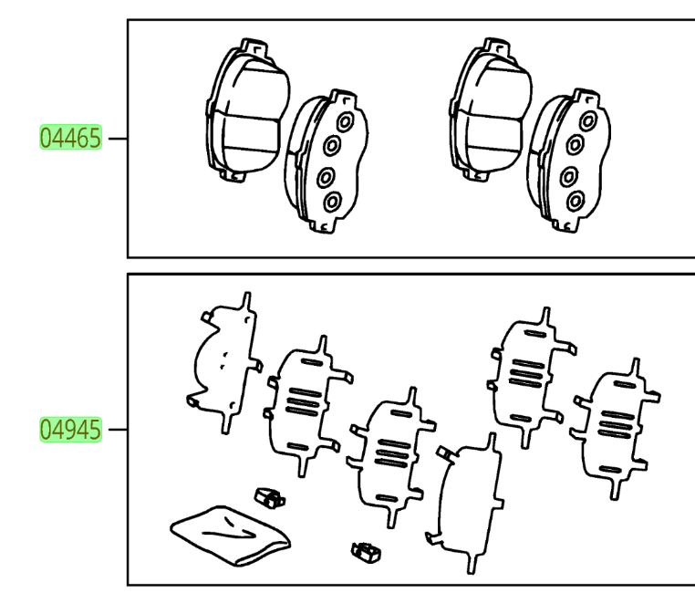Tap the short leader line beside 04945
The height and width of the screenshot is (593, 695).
[x=116, y=427]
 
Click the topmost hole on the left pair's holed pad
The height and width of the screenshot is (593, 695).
[x=343, y=121]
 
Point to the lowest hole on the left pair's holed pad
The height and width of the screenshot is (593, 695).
[x=332, y=200]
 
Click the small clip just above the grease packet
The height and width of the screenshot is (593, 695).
[x=266, y=497]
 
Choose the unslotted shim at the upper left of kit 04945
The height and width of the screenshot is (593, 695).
[x=223, y=360]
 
